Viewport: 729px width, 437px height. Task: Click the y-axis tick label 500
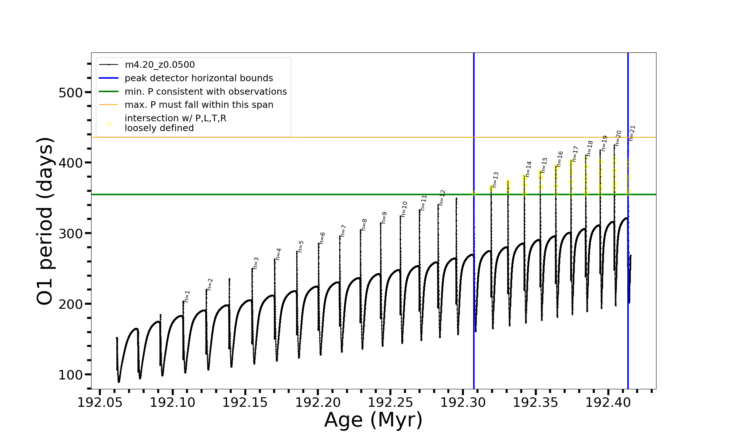pos(71,92)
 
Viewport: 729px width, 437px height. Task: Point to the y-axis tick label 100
pos(71,375)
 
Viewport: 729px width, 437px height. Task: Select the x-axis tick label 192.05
pos(100,402)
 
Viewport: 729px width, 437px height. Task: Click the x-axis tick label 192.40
pos(608,402)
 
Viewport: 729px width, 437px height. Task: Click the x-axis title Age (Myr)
pos(373,420)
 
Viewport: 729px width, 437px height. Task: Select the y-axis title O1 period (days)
pos(46,221)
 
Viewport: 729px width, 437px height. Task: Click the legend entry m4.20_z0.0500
pos(160,65)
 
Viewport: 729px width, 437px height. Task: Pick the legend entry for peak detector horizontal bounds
pos(199,78)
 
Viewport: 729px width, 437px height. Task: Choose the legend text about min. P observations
pos(206,92)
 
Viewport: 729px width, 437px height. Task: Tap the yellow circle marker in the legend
pos(109,124)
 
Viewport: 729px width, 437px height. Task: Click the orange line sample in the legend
pos(109,105)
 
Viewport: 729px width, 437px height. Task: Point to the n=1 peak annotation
pos(187,296)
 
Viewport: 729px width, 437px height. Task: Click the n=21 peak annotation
pos(632,133)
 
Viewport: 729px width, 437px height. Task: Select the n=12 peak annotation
pos(442,197)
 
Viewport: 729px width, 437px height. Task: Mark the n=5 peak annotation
pos(301,247)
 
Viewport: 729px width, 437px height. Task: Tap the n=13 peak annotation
pos(495,180)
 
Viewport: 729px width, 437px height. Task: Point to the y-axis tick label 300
pos(71,233)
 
